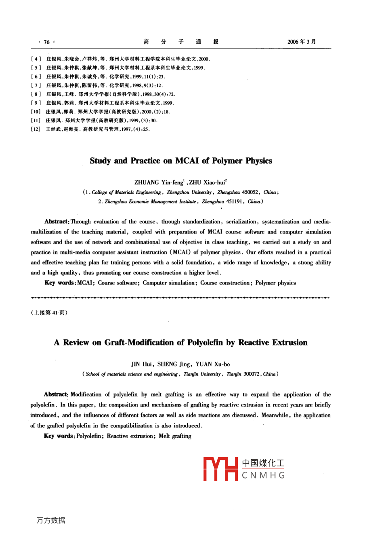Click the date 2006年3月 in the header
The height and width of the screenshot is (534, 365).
[x=302, y=42]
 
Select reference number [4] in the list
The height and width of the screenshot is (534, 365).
[x=36, y=59]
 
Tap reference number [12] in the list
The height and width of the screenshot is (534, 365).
[x=36, y=129]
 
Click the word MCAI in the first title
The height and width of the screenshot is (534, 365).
[x=187, y=161]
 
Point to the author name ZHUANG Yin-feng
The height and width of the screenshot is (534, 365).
[x=159, y=182]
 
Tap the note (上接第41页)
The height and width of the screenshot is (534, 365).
[x=49, y=313]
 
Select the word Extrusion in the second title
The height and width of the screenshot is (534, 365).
[x=289, y=342]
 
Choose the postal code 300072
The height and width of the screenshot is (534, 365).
[x=252, y=374]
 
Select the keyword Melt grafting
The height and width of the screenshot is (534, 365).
[x=175, y=436]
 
